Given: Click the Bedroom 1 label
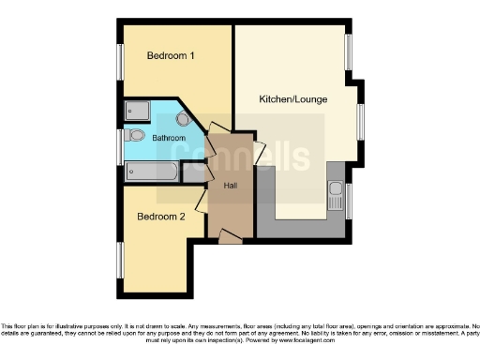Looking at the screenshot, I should pos(171,56).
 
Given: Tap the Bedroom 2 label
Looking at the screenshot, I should pos(161,217).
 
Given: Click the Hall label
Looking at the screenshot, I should pos(230,185).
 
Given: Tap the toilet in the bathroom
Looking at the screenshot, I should pos(136,136).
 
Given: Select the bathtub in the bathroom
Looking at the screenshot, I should pos(151,172).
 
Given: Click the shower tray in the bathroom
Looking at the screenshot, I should pos(136,110).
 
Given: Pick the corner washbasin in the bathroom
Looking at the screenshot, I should pos(182,119).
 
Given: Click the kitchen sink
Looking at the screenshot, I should pos(336,196).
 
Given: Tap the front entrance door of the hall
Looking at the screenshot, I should pos(230,238).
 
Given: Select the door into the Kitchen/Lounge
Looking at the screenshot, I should pos(260,152).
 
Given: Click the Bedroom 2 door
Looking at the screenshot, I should pos(201,199).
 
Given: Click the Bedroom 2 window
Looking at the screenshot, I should pos(120,261).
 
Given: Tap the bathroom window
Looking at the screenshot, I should pos(120,146).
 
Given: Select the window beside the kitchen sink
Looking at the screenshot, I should pos(349,202).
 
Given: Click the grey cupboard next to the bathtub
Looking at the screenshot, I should pos(194,172).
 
